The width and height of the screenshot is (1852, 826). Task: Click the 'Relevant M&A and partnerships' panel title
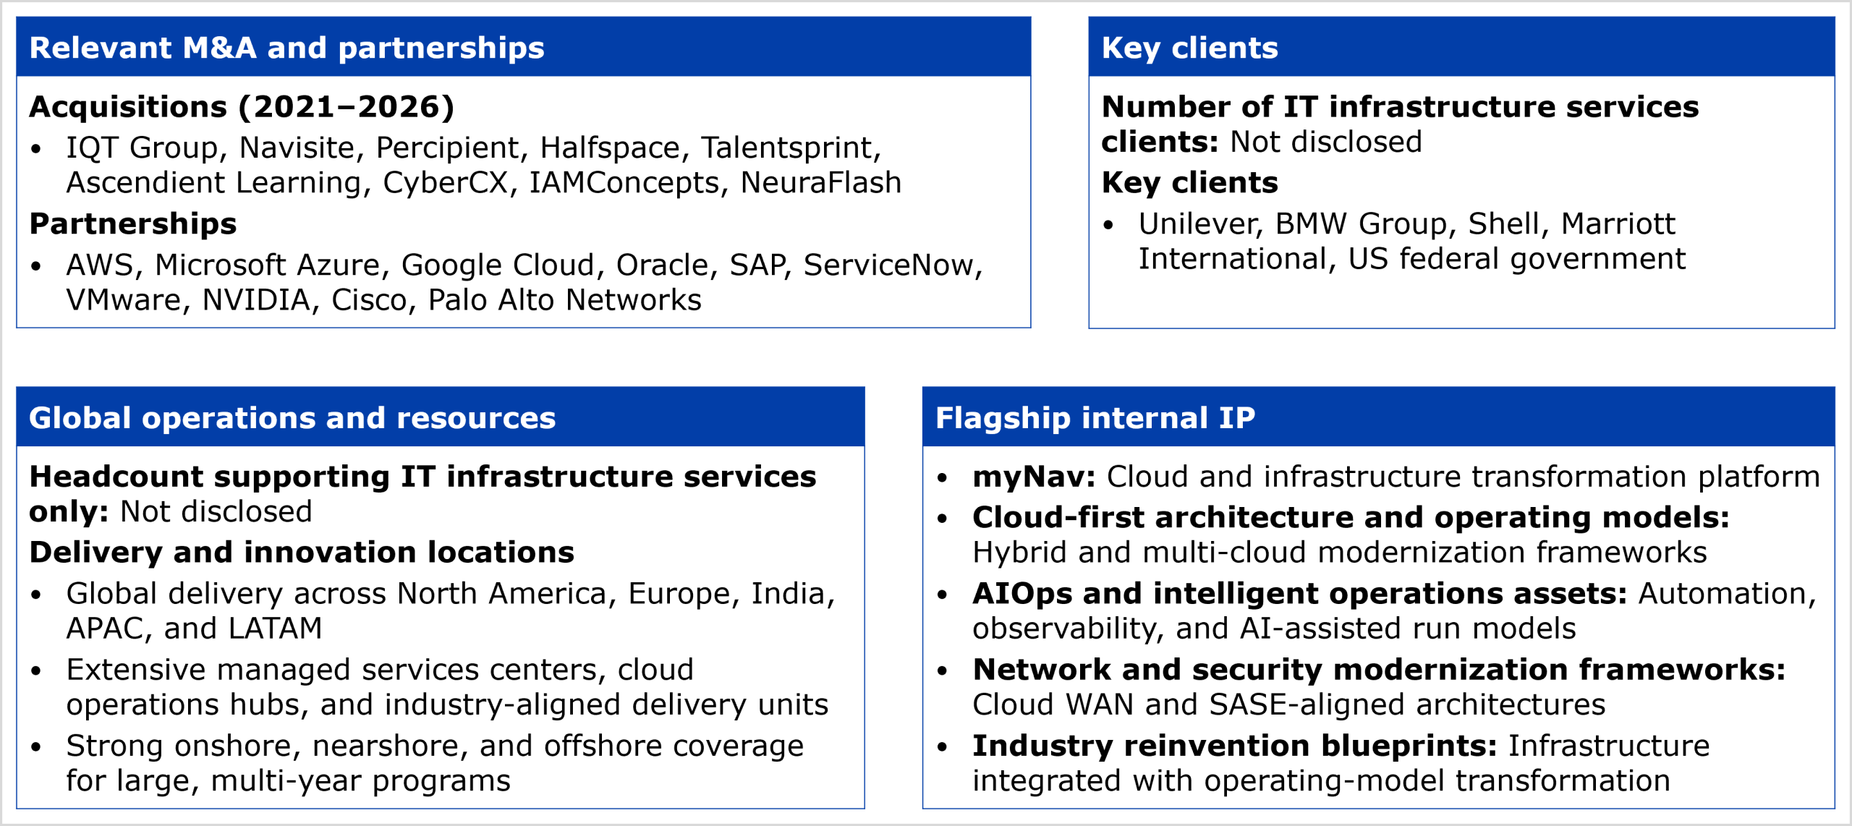pos(286,48)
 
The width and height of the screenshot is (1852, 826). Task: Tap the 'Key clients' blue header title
pos(1189,48)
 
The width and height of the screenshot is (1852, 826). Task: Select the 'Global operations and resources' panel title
pos(292,418)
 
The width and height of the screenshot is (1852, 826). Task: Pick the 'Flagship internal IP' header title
pos(1095,418)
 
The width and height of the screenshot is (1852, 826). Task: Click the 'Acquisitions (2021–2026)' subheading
pos(242,107)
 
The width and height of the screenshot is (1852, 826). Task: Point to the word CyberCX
pos(446,182)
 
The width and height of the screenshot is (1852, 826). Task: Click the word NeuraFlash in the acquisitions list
pos(821,182)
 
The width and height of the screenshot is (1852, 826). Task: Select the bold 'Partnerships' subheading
pos(133,224)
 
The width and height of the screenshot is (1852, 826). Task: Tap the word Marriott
pos(1618,224)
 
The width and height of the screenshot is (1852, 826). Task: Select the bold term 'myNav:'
pos(1034,477)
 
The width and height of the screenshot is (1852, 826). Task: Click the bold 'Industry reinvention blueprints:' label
pos(1234,746)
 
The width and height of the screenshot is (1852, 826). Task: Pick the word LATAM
pos(275,629)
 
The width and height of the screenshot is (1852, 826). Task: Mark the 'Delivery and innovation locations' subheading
pos(302,553)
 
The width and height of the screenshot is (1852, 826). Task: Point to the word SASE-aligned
pos(1307,704)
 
